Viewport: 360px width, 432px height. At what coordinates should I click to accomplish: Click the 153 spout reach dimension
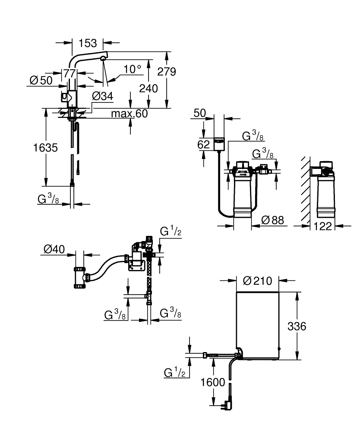click(x=88, y=43)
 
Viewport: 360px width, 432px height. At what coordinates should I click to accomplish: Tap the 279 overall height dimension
click(x=167, y=72)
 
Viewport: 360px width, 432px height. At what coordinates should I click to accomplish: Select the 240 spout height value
click(x=148, y=89)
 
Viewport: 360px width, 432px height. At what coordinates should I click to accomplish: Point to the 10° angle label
click(x=132, y=69)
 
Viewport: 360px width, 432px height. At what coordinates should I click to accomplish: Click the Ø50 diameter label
click(x=41, y=80)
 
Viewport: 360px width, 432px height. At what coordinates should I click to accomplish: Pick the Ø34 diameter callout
click(x=103, y=96)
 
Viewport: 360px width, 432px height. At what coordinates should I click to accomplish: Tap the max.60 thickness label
click(x=129, y=114)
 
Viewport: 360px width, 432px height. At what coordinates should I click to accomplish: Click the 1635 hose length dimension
click(x=45, y=148)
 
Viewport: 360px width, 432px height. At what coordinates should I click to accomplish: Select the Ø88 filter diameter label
click(x=272, y=220)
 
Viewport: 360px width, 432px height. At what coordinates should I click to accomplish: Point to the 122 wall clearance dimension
click(x=323, y=226)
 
